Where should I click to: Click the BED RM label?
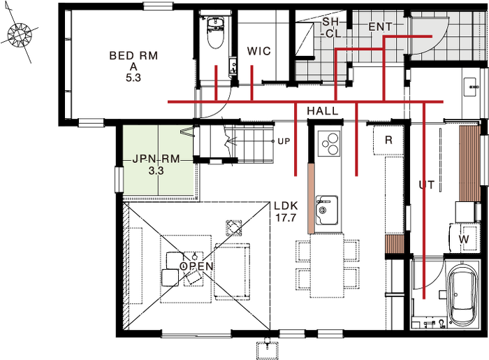133,55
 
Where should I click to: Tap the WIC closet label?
259,51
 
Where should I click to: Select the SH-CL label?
332,27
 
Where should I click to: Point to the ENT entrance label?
380,27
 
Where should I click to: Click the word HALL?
323,111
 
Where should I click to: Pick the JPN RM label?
156,159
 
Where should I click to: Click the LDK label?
286,206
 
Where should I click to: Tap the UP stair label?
284,141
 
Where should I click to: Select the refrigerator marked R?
388,140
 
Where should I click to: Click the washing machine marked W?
463,239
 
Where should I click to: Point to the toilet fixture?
215,32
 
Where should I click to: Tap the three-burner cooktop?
329,143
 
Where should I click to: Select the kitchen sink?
326,210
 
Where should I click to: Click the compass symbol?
20,34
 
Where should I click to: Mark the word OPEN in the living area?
197,266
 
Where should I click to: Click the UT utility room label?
427,185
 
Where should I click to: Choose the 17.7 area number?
286,217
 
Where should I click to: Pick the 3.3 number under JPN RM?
156,171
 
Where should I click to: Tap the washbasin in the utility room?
470,87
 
